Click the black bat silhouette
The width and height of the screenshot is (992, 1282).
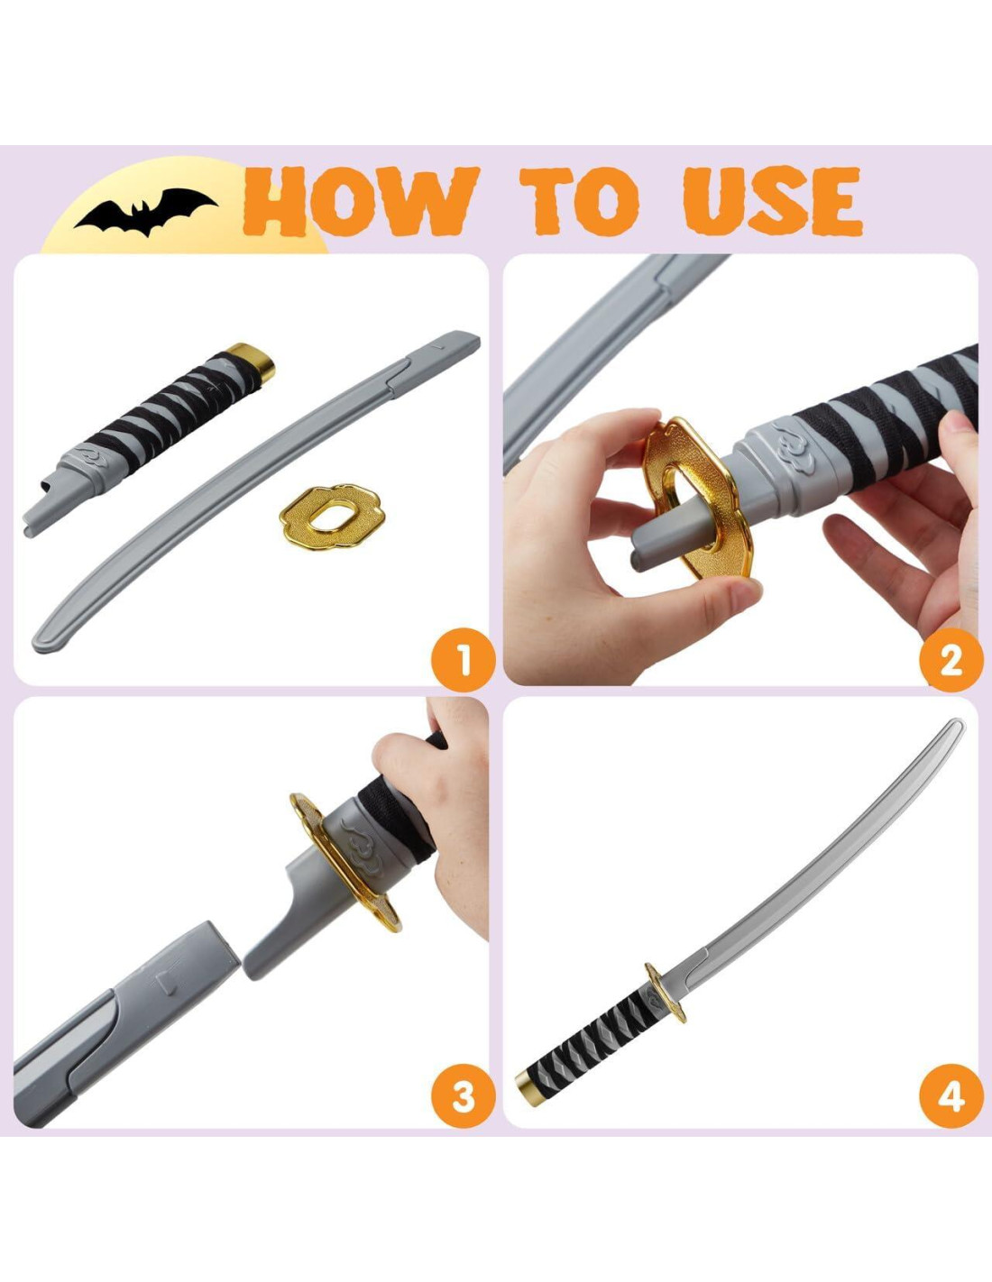[x=145, y=210]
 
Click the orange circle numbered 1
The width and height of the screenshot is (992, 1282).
[x=464, y=660]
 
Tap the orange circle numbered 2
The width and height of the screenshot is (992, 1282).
[x=951, y=660]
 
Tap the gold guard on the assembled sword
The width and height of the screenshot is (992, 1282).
[x=665, y=993]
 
